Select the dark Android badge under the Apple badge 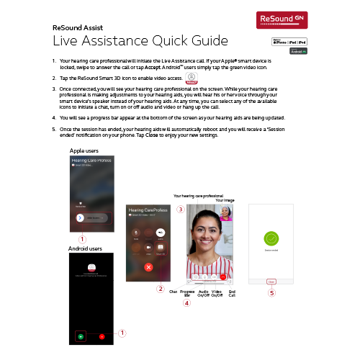299,52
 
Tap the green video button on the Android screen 81,336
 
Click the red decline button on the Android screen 102,336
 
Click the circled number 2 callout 161,289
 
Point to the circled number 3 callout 181,209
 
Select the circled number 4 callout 186,303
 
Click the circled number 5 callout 271,293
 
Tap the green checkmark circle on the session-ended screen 271,240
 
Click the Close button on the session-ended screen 271,282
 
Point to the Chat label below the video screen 173,292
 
